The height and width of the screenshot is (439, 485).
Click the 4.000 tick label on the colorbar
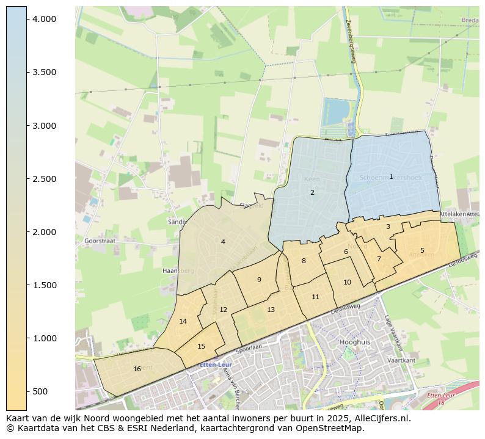(45, 20)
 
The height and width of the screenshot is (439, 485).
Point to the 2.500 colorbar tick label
(45, 179)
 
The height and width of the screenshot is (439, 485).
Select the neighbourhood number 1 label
(391, 176)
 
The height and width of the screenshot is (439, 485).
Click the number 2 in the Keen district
(312, 192)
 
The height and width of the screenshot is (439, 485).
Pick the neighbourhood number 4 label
(223, 242)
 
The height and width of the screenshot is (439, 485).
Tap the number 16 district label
(137, 369)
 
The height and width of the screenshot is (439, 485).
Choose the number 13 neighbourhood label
(271, 310)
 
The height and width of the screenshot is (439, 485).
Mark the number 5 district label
(422, 250)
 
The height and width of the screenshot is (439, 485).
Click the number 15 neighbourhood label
(201, 346)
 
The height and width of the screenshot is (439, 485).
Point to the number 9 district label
(259, 280)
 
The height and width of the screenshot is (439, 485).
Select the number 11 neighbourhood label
(315, 297)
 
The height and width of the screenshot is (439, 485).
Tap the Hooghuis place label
(355, 343)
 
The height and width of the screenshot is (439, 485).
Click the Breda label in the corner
(470, 20)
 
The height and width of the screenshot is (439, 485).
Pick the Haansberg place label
(178, 270)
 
